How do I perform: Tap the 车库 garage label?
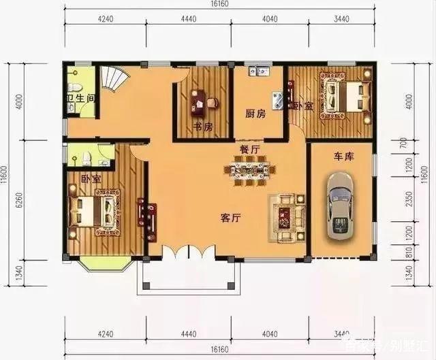coord(343,157)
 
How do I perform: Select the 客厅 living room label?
coord(232,218)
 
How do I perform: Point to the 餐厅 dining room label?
coord(249,148)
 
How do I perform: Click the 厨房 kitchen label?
coord(255,114)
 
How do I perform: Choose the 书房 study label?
coord(202,127)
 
